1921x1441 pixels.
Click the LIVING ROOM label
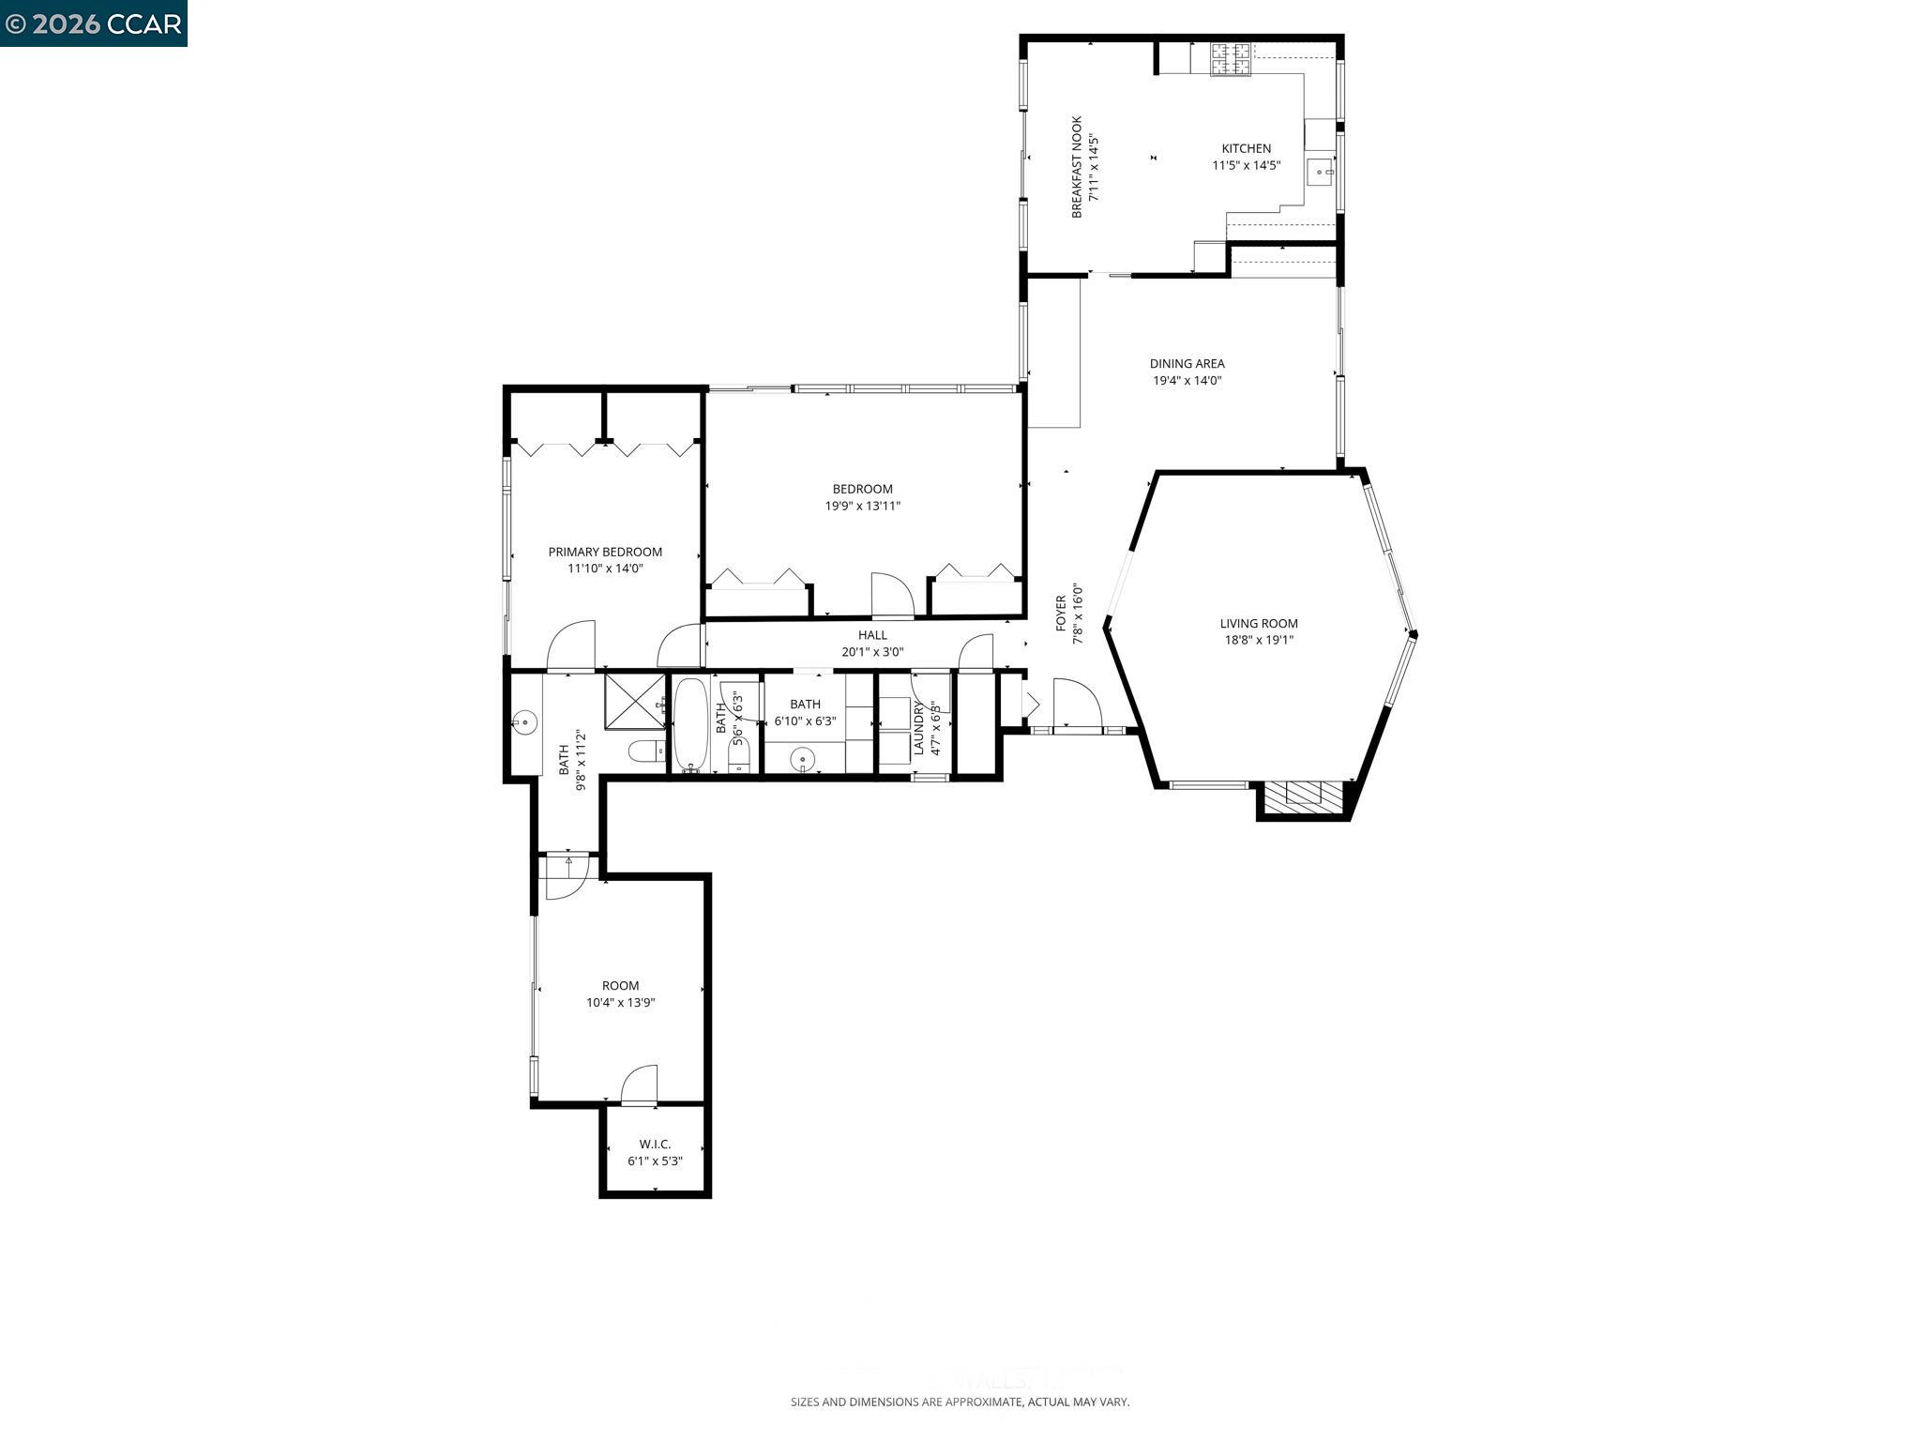(1259, 623)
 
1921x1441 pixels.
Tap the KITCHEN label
(1246, 148)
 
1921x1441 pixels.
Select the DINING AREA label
(1187, 363)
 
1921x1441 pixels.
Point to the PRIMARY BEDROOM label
(605, 552)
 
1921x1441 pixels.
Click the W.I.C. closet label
(655, 1144)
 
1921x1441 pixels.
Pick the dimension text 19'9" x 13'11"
(862, 506)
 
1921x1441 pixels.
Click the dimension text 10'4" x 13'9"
(620, 1002)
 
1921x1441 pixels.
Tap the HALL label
(872, 635)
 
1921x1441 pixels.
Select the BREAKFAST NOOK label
(1077, 167)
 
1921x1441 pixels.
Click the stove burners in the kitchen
(1231, 59)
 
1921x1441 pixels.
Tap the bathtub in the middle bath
(690, 723)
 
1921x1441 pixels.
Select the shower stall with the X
(634, 701)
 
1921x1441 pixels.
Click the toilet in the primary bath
(645, 751)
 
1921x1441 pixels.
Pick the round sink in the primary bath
(524, 722)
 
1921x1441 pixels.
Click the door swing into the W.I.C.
(640, 1085)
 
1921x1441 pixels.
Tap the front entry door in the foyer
(1077, 704)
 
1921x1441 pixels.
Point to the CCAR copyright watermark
(93, 23)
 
